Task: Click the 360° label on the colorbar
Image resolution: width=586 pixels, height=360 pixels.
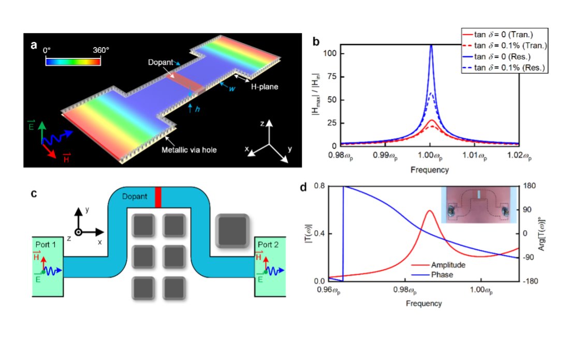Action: [x=100, y=50]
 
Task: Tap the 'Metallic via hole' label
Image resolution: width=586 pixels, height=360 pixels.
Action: [x=189, y=150]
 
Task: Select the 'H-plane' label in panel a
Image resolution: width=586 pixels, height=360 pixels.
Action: [x=264, y=87]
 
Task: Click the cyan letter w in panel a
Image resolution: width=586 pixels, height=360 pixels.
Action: [x=232, y=89]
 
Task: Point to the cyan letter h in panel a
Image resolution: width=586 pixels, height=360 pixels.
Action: [x=197, y=109]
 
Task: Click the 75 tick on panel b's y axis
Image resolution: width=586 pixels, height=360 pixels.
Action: [x=332, y=77]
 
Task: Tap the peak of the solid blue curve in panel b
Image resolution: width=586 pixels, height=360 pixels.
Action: [x=431, y=46]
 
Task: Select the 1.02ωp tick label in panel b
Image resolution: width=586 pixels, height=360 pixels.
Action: [x=519, y=155]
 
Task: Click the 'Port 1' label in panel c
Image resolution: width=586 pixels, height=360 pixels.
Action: [x=46, y=245]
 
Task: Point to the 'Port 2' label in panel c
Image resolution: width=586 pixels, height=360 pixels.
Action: [x=268, y=245]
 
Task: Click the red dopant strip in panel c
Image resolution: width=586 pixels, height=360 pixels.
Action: [x=158, y=197]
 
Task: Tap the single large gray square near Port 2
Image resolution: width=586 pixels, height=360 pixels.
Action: [x=232, y=231]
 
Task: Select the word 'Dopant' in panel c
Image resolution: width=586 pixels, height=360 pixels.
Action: [x=135, y=197]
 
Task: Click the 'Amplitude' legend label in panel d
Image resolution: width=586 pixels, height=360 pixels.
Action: [x=448, y=265]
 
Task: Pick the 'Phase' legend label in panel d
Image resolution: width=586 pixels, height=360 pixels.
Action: [x=442, y=275]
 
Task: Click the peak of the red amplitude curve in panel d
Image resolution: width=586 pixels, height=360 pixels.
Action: [x=430, y=211]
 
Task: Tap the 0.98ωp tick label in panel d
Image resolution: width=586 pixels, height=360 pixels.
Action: [x=405, y=290]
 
